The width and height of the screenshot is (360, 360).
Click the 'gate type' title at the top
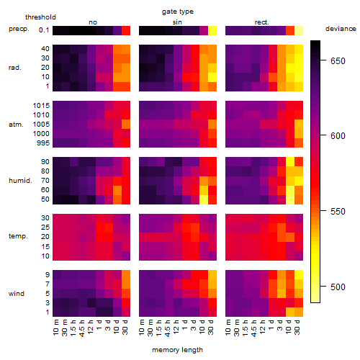tap(178, 12)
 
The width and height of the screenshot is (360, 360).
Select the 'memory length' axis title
tap(177, 350)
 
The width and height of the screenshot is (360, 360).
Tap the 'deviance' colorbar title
tap(341, 29)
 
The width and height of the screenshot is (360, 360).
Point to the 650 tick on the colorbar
tap(323, 60)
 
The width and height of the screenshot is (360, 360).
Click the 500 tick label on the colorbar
tap(338, 287)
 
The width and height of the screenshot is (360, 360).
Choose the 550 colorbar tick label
tap(338, 212)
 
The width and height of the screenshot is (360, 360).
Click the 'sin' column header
tap(177, 22)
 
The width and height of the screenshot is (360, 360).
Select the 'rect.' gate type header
tap(262, 22)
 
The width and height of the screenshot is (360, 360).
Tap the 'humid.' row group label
tap(20, 181)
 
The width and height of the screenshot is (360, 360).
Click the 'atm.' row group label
tap(16, 125)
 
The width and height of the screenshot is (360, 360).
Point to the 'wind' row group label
tap(17, 294)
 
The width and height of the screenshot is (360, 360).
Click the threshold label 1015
tap(41, 106)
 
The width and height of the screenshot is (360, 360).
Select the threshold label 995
tap(43, 143)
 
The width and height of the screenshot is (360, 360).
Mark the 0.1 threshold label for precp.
tap(44, 30)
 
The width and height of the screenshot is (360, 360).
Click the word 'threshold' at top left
tap(40, 17)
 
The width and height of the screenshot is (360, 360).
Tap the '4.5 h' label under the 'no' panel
tap(82, 328)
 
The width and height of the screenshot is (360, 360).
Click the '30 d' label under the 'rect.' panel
tap(297, 327)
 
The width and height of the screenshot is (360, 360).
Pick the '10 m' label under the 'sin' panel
tap(142, 328)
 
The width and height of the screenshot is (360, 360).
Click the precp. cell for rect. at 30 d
tap(299, 30)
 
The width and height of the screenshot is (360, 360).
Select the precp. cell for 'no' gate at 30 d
tap(126, 30)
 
